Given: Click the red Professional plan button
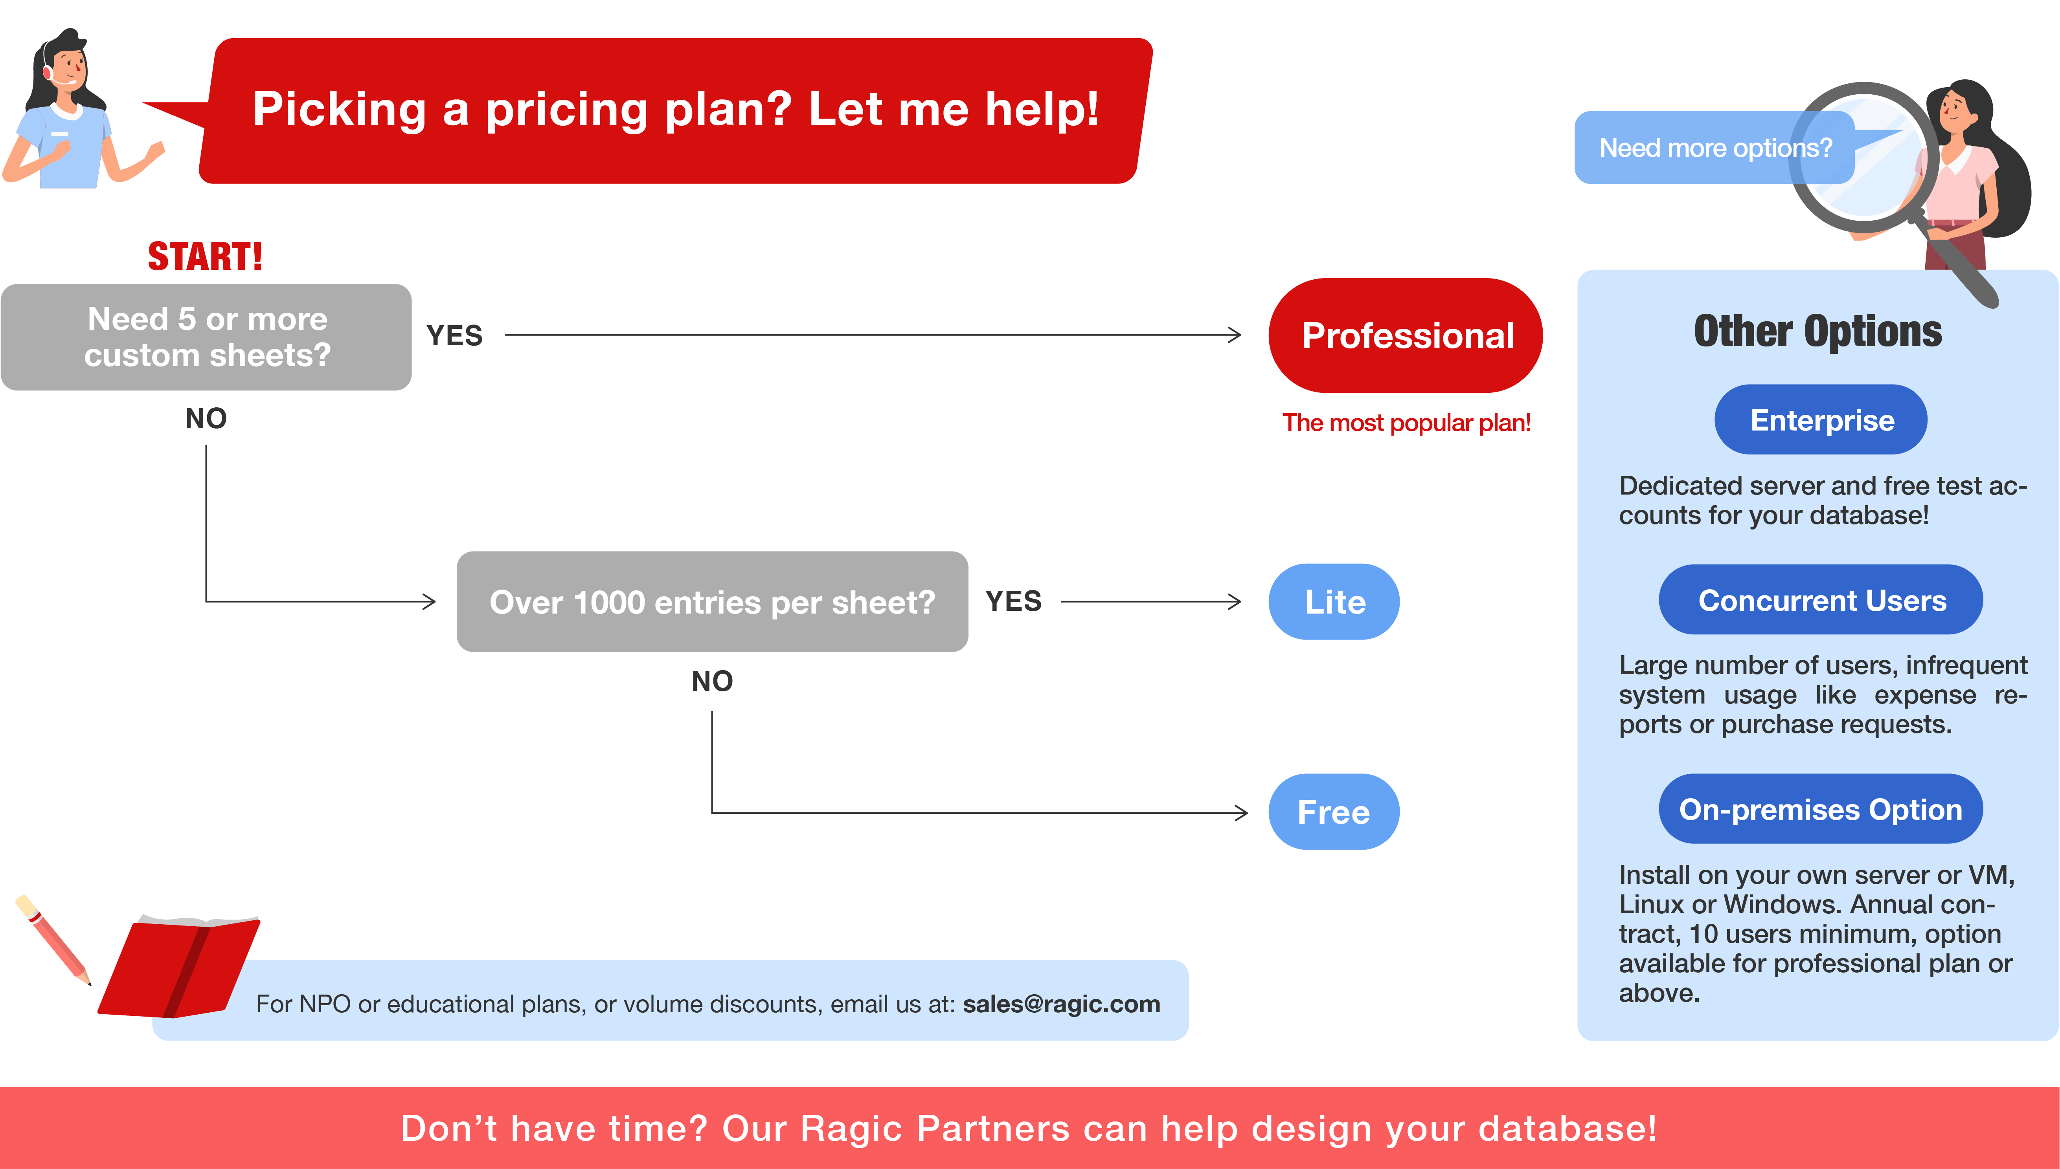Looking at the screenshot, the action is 1406,335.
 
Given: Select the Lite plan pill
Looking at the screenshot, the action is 1334,601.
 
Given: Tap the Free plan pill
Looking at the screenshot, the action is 1334,812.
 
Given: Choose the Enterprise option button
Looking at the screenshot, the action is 1821,420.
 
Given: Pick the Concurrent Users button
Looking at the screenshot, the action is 1821,600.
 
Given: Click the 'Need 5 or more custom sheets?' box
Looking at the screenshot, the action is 206,337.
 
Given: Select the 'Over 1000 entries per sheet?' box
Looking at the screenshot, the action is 712,601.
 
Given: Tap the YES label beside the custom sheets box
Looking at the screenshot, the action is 454,335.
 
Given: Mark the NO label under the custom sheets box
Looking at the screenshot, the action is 206,418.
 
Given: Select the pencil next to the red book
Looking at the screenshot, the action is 53,940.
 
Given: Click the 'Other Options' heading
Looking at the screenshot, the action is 1818,332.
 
